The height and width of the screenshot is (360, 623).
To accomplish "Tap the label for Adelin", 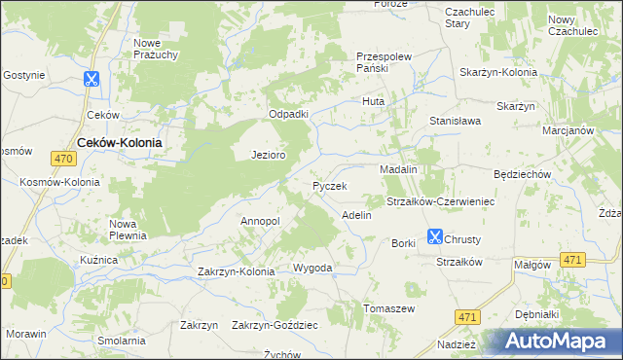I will pos(356,214).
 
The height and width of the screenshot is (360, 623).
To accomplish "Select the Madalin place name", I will pos(398,169).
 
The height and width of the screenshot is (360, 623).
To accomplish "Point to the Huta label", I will pos(373,101).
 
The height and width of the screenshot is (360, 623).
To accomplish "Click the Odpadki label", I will pos(288,114).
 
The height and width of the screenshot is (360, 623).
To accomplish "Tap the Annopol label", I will pos(260,221).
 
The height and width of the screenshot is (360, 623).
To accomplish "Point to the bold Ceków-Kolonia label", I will pos(119,141).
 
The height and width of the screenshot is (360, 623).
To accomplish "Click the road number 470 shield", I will pos(64,159).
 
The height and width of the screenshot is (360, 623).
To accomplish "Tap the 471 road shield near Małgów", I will pos(573,260).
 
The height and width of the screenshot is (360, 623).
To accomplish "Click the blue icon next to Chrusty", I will pos(434,236).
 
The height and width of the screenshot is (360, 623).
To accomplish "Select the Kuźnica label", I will pos(98,261).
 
